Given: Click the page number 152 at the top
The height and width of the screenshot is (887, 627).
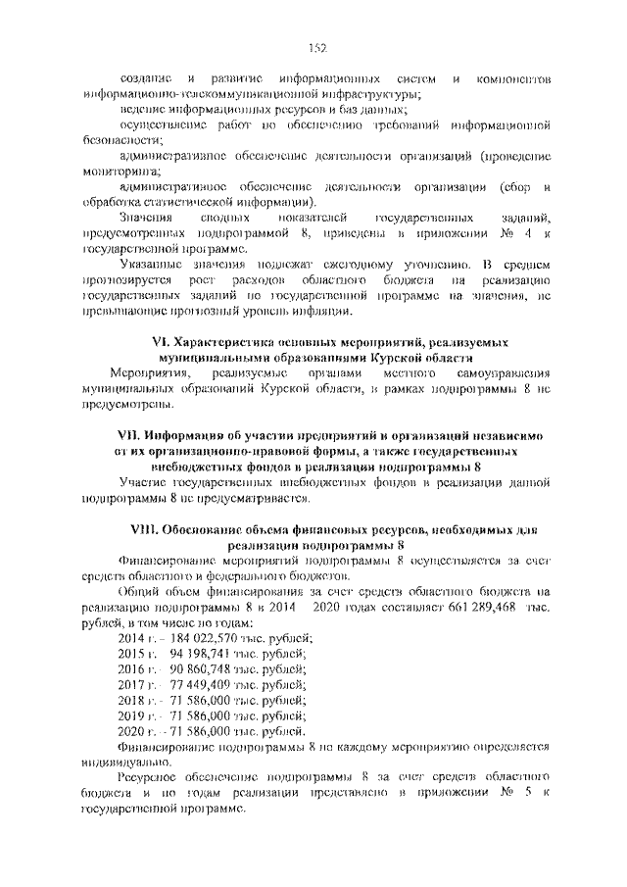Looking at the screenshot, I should point(316,48).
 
